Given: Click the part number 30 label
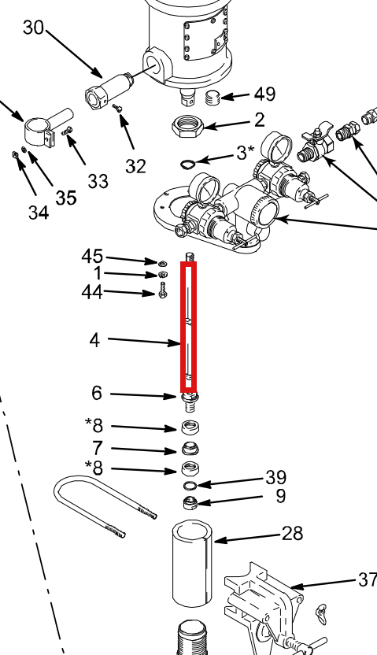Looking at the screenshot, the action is point(33,28).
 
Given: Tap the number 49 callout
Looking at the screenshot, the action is point(264,94).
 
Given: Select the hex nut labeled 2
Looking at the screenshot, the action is point(188,126).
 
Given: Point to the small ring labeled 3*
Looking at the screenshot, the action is point(187,165).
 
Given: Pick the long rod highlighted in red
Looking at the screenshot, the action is point(188,327).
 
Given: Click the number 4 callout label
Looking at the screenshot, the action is point(94,340).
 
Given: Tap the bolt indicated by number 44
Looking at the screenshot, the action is point(163,290).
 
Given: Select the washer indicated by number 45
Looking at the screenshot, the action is point(162,263).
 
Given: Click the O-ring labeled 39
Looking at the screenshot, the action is point(190,486).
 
